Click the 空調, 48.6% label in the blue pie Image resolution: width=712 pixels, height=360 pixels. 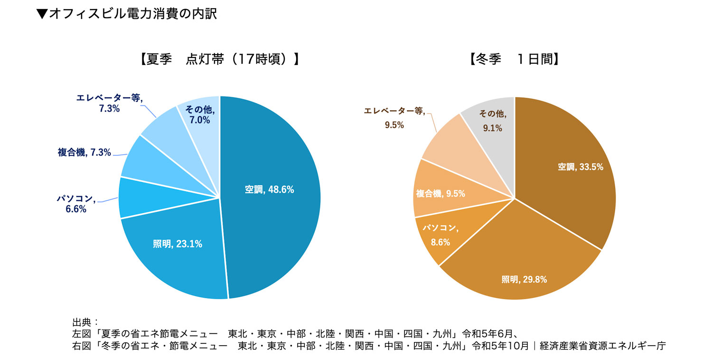269,189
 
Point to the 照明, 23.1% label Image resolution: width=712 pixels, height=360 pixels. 178,244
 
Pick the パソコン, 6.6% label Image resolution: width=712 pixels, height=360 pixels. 76,204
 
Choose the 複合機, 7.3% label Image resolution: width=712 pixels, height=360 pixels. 84,152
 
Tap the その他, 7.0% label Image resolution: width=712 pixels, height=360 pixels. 199,115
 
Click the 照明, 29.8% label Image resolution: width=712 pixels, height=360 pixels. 524,279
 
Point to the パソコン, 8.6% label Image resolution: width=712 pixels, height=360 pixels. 440,235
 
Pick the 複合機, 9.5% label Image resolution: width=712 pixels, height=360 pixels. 440,193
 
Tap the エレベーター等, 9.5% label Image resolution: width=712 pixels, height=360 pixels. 394,118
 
